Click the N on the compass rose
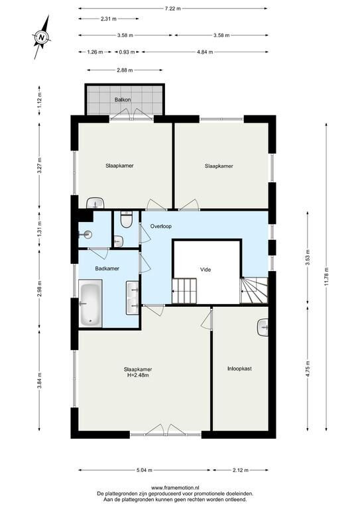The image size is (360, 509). pyautogui.click(x=41, y=37)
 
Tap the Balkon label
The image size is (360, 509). pyautogui.click(x=123, y=99)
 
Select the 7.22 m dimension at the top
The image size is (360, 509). pyautogui.click(x=172, y=9)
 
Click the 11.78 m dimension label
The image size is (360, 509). pyautogui.click(x=326, y=276)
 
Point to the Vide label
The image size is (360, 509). pyautogui.click(x=206, y=270)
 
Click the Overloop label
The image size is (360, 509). pyautogui.click(x=161, y=226)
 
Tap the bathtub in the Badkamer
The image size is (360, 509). pyautogui.click(x=90, y=304)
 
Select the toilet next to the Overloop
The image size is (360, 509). pyautogui.click(x=126, y=219)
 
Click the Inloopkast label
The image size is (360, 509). pyautogui.click(x=239, y=368)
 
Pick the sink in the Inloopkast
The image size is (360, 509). pyautogui.click(x=263, y=328)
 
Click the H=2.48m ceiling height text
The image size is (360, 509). pyautogui.click(x=138, y=375)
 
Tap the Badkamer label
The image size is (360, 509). pyautogui.click(x=107, y=268)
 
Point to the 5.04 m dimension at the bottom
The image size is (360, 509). pyautogui.click(x=144, y=470)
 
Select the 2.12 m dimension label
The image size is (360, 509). pyautogui.click(x=241, y=470)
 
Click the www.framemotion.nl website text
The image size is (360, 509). pyautogui.click(x=175, y=487)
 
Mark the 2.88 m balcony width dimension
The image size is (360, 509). pyautogui.click(x=125, y=70)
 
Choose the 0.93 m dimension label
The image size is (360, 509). pyautogui.click(x=127, y=52)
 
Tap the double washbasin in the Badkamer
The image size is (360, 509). pyautogui.click(x=133, y=298)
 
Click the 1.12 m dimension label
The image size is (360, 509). pyautogui.click(x=39, y=100)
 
